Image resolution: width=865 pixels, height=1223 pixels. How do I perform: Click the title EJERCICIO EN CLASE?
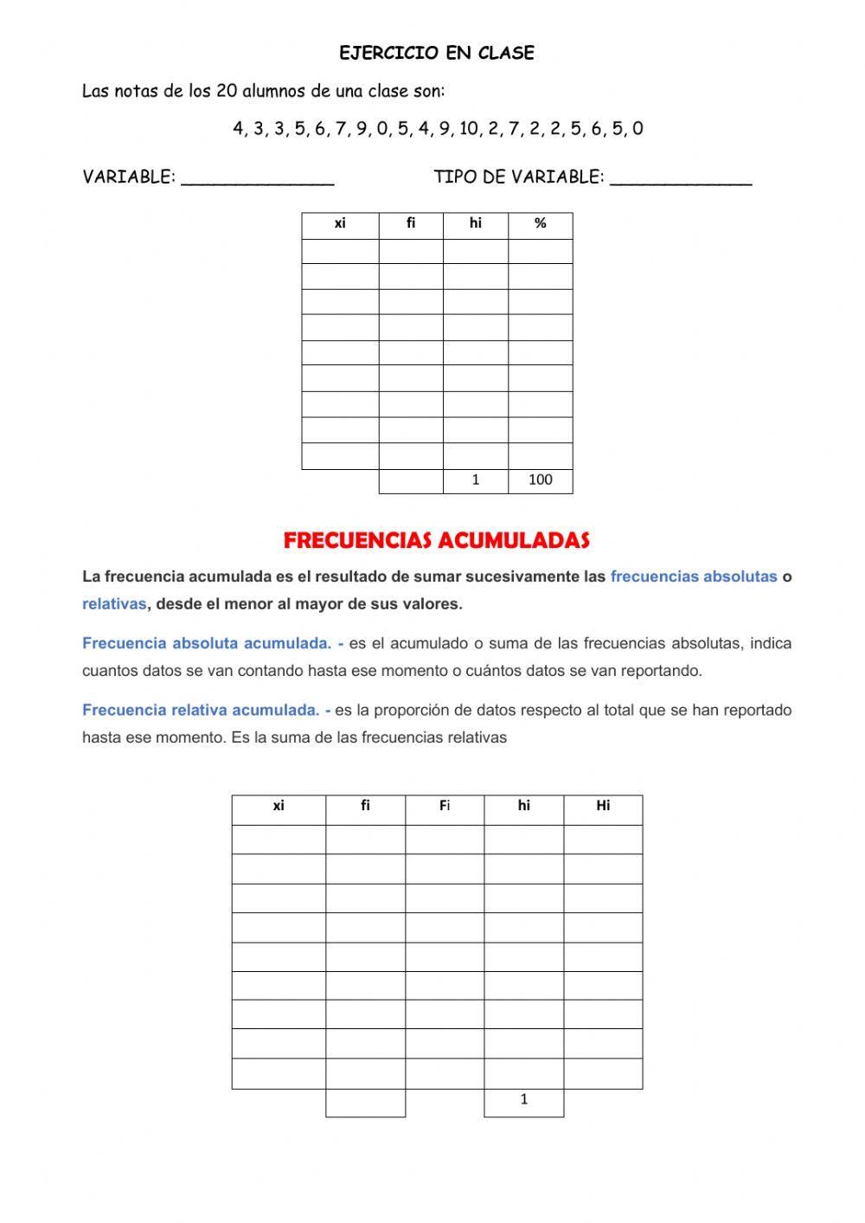tap(436, 53)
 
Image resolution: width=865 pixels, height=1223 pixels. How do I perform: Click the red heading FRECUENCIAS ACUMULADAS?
tap(436, 541)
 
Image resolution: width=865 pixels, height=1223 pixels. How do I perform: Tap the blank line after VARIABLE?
tap(258, 179)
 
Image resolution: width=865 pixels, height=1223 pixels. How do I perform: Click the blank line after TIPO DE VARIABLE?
tap(681, 179)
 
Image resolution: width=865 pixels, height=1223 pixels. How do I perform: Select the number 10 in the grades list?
tap(469, 129)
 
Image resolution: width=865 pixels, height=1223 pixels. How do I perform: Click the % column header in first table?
tap(540, 224)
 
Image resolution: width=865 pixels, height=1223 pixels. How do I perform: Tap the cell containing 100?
tap(540, 480)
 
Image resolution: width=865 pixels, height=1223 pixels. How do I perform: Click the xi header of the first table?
tap(340, 224)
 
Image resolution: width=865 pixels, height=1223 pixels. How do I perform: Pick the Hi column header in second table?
tap(603, 806)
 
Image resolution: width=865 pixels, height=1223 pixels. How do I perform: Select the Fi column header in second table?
tap(444, 806)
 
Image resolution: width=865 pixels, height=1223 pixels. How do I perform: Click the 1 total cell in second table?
tap(523, 1100)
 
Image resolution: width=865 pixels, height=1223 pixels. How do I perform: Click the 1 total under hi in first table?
tap(475, 480)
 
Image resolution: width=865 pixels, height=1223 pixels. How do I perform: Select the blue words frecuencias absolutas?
tap(693, 576)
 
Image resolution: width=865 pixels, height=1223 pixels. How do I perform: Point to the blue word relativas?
tap(114, 604)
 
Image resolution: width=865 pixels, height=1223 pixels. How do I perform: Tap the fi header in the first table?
tap(411, 224)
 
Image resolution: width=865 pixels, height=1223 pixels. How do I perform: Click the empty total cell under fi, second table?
tap(365, 1103)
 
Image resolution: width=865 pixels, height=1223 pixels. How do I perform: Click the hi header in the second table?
tap(523, 806)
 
